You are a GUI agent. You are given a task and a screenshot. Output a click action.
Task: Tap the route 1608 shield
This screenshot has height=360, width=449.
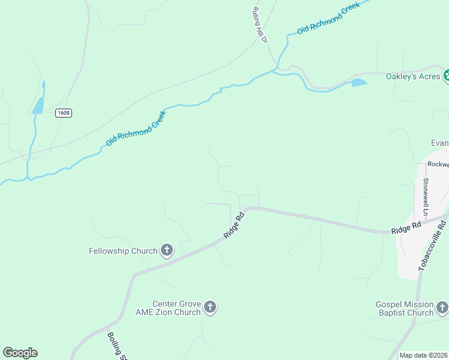click(63, 113)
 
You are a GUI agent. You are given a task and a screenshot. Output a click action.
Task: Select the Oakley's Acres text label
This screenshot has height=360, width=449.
click(412, 76)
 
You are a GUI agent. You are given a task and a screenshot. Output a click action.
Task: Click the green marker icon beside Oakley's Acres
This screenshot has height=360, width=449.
click(446, 76)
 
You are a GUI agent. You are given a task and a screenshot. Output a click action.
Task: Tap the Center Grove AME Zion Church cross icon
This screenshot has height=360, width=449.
click(210, 308)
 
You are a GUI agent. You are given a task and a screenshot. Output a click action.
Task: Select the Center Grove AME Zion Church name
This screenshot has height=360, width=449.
click(176, 308)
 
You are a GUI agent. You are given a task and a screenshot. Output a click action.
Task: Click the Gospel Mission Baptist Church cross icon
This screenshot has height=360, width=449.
click(442, 308)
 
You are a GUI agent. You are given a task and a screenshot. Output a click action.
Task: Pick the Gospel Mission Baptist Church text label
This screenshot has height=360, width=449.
click(405, 308)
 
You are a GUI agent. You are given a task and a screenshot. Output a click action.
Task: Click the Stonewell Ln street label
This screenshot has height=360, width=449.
click(426, 196)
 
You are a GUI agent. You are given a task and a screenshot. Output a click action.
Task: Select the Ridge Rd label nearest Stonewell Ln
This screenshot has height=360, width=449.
click(405, 228)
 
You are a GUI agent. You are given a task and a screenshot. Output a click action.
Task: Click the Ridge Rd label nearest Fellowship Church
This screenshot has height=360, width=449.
click(234, 225)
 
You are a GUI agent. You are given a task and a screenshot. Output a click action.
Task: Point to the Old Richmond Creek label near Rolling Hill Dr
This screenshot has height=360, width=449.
click(328, 18)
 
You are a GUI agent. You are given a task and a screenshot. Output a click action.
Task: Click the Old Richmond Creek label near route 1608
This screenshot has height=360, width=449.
click(135, 128)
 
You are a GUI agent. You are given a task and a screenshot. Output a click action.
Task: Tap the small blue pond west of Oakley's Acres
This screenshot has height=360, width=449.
click(358, 82)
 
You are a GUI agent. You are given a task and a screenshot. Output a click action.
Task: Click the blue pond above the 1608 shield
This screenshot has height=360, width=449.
click(38, 106)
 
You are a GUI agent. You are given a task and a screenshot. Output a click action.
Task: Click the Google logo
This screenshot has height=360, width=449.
click(20, 353)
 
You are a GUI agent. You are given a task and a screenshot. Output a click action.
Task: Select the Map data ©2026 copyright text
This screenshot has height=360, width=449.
click(424, 355)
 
